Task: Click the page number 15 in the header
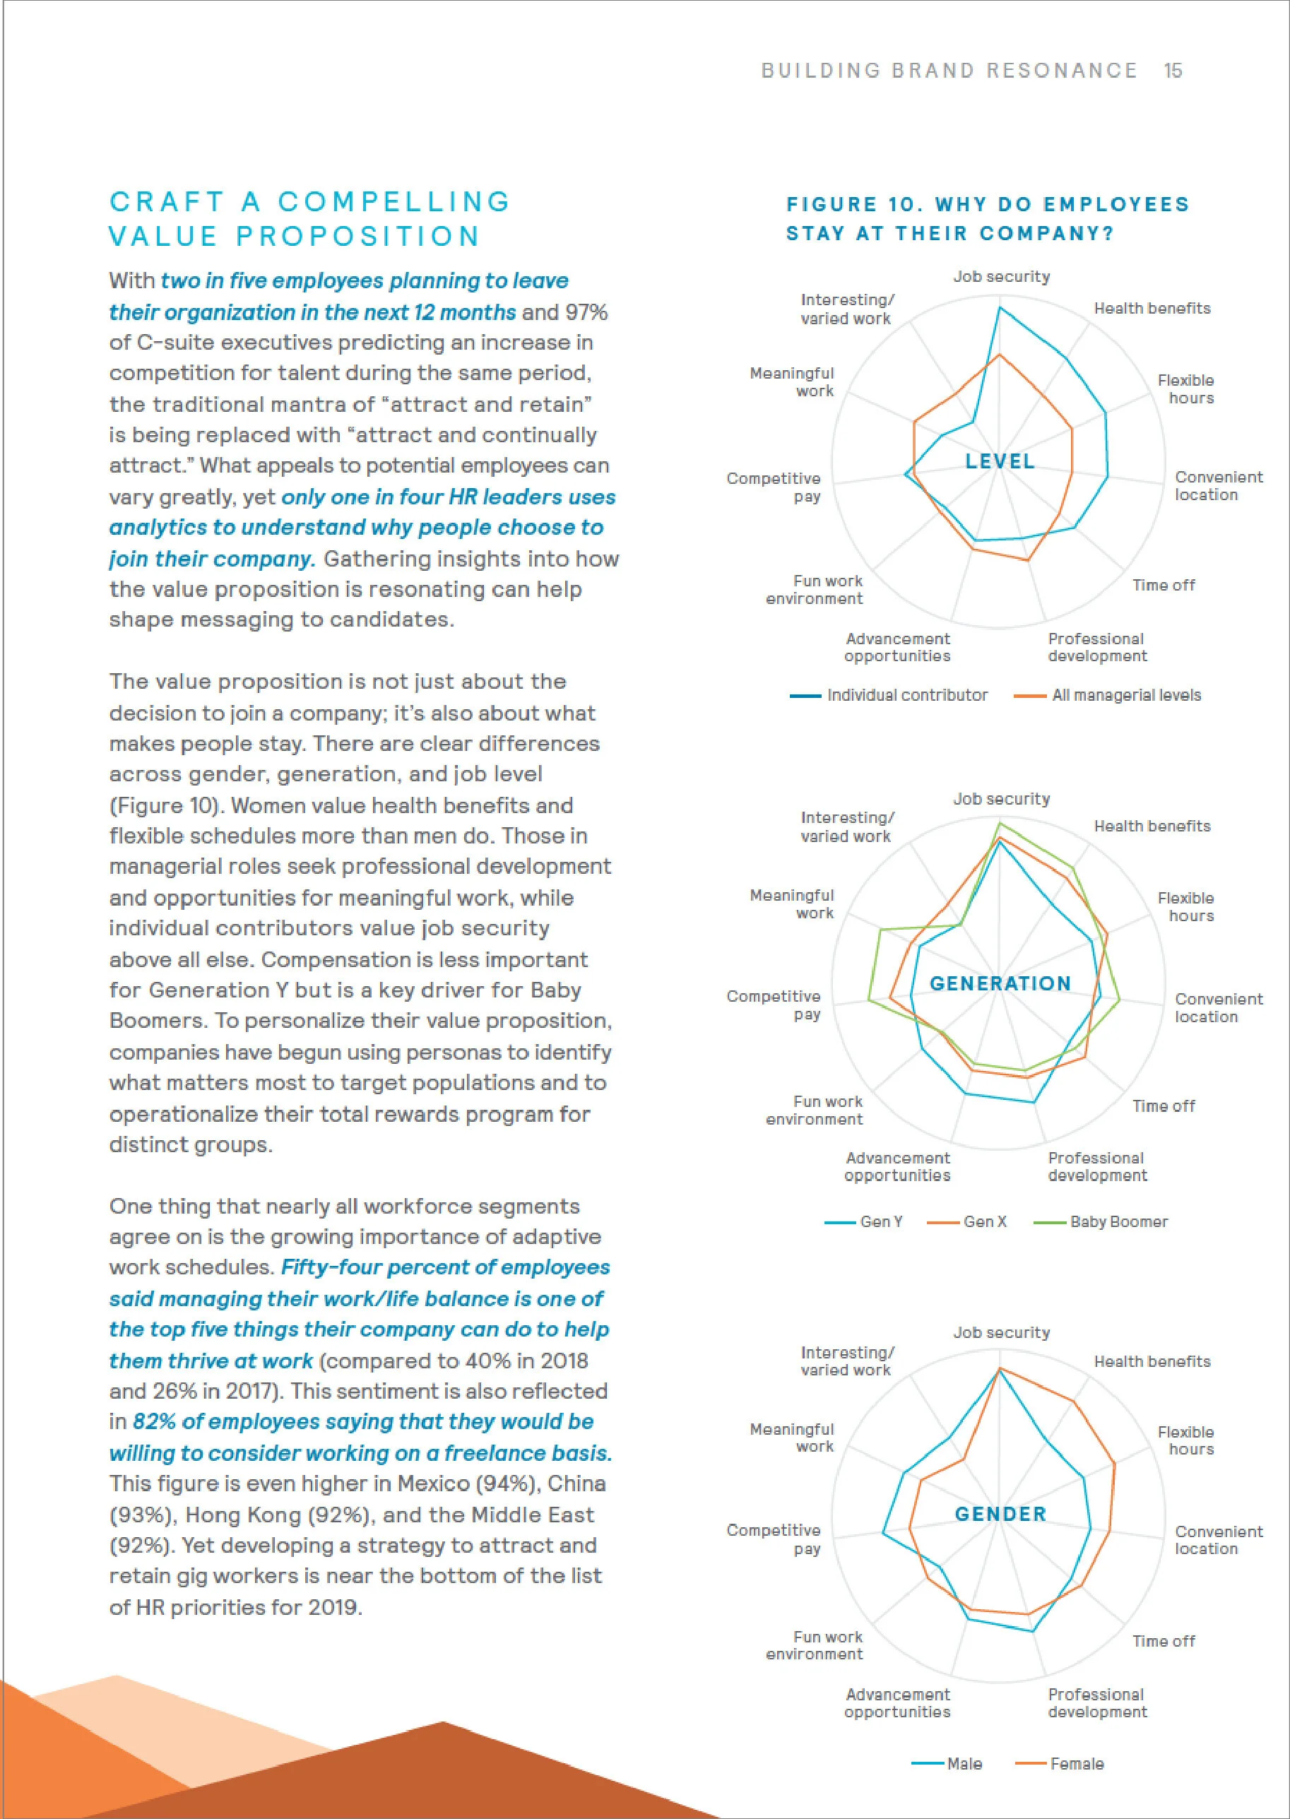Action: tap(1173, 71)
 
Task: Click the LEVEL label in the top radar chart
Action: tap(1000, 461)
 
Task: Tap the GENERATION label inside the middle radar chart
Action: tap(1000, 983)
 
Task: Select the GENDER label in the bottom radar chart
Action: tap(1000, 1514)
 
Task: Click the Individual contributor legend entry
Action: tap(906, 695)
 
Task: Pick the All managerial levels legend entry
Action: tap(1125, 695)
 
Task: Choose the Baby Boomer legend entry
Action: tap(1118, 1221)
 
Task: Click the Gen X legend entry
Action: tap(984, 1221)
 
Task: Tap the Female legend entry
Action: tap(1077, 1763)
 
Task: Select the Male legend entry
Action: tap(964, 1763)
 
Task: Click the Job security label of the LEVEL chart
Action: tap(1001, 276)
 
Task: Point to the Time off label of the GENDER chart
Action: tap(1163, 1641)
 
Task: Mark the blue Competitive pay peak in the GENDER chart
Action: tap(883, 1532)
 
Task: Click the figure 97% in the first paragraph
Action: tap(586, 312)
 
